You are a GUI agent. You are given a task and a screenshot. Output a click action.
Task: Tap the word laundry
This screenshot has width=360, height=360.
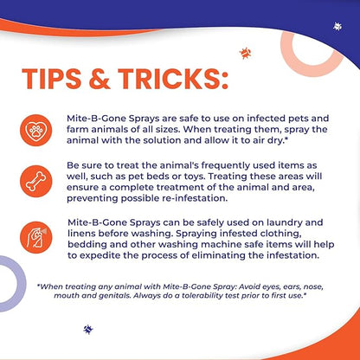click(x=263, y=222)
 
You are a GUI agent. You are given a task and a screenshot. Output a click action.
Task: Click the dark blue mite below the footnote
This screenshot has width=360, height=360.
click(x=87, y=329)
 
